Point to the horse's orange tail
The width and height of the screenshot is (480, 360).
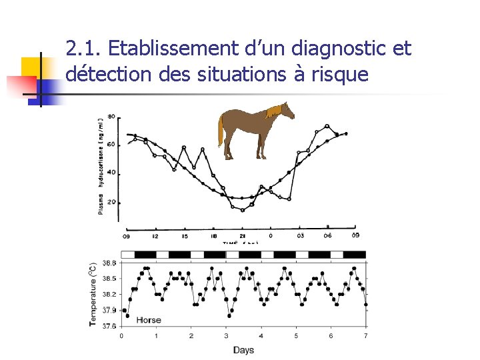click(221, 130)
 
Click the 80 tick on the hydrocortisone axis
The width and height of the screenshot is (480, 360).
click(111, 117)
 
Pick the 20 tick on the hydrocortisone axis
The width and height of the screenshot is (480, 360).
click(111, 201)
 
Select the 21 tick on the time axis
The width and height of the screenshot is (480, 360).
click(242, 235)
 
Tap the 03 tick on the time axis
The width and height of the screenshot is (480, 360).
click(300, 235)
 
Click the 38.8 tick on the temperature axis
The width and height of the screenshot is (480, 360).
click(109, 263)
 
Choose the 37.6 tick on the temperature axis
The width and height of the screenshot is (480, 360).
click(109, 325)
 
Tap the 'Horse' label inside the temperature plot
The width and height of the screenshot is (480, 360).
click(149, 320)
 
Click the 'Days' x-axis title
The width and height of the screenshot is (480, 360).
click(243, 350)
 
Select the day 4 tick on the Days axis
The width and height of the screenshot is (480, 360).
click(261, 336)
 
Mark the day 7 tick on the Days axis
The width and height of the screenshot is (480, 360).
click(365, 336)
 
